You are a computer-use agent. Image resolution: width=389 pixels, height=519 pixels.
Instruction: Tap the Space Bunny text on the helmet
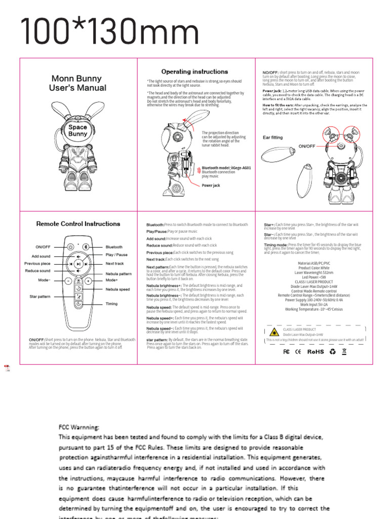(x=77, y=131)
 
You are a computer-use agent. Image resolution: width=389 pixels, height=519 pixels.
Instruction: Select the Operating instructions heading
(x=194, y=72)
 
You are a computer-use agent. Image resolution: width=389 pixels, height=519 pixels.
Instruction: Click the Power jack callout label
(x=211, y=186)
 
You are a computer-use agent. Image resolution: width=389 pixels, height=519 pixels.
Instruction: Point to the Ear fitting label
(x=273, y=137)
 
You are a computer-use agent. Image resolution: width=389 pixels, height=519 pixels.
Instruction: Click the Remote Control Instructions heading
(x=78, y=224)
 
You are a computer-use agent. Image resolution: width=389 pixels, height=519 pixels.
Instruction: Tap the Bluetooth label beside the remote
(x=114, y=247)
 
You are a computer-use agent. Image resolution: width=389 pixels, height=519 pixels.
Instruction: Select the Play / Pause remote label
(x=116, y=255)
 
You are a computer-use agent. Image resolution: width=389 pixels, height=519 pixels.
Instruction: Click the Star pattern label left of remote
(x=40, y=296)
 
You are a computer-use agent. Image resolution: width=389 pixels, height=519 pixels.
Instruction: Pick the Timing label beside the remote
(x=111, y=304)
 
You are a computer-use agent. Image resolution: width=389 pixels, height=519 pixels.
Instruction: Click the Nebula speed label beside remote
(x=118, y=289)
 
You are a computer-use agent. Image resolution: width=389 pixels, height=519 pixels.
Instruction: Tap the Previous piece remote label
(x=37, y=264)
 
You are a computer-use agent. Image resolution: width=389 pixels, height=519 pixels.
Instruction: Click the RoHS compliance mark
(x=315, y=351)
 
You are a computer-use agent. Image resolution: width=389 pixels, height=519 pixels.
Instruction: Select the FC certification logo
(x=286, y=351)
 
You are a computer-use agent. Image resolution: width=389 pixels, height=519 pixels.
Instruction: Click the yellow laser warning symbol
(x=274, y=332)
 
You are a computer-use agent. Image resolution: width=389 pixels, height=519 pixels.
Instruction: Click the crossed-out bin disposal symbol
(x=344, y=351)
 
